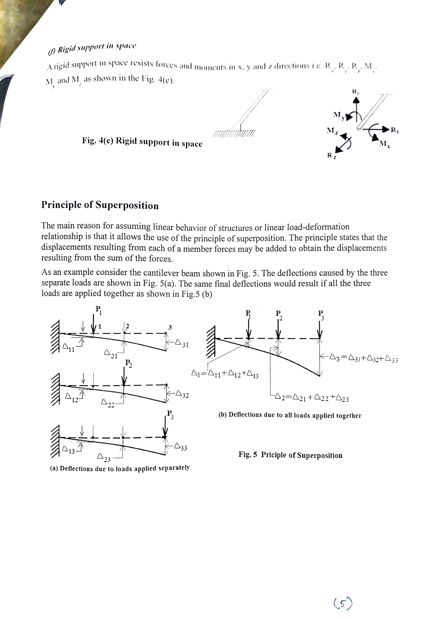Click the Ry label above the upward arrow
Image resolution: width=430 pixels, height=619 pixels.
coord(356,92)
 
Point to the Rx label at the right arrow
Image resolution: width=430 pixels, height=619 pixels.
coord(395,130)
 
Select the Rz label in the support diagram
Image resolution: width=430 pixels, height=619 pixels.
coord(331,156)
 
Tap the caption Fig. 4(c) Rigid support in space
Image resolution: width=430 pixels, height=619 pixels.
coord(142,142)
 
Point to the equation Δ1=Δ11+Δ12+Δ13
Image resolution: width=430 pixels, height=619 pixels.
coord(225,374)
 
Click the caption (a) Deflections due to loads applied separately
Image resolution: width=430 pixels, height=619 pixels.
coord(120,468)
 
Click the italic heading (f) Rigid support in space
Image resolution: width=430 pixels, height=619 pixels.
coord(92,48)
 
